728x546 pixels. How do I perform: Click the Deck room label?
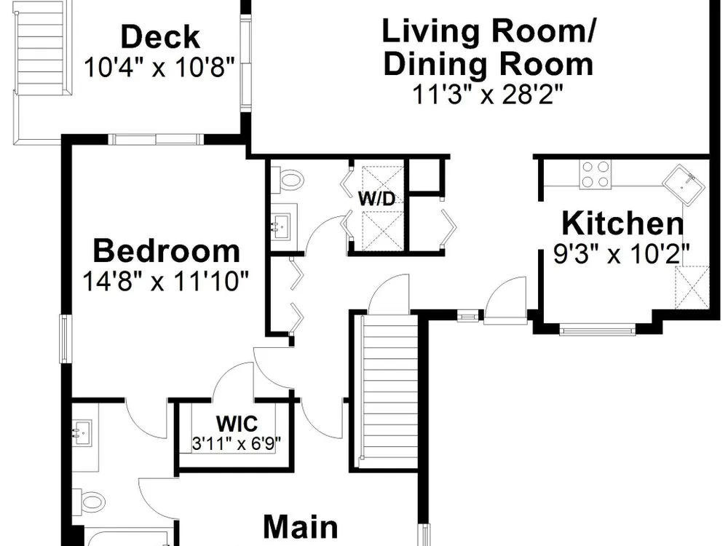[160, 37]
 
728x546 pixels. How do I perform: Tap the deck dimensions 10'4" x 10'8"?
[159, 67]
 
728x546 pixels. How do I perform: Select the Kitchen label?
[622, 223]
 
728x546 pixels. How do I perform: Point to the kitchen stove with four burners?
[595, 174]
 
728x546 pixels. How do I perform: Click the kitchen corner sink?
[684, 185]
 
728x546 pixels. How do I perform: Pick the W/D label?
[376, 199]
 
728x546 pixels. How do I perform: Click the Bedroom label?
[166, 250]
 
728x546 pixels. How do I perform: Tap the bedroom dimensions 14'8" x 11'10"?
[166, 281]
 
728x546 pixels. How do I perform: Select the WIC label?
[237, 424]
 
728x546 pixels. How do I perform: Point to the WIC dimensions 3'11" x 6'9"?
[237, 443]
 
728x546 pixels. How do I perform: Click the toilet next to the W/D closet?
[288, 179]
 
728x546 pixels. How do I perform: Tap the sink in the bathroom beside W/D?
[281, 226]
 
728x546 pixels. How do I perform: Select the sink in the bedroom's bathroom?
[82, 432]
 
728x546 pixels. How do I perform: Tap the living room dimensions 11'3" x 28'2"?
[488, 95]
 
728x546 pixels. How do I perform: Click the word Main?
[301, 527]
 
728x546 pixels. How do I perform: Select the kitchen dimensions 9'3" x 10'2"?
[622, 253]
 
